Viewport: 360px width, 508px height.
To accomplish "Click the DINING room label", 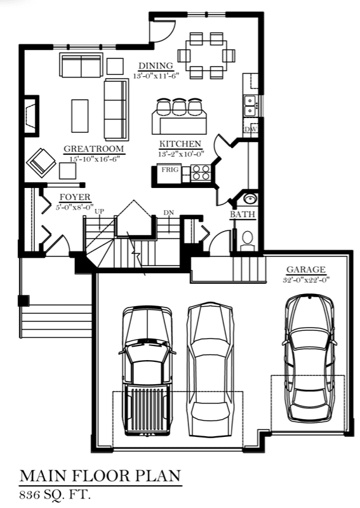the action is (x=156, y=66).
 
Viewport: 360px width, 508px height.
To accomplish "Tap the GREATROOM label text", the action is (x=93, y=149).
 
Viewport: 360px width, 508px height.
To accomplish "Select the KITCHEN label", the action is (x=180, y=144).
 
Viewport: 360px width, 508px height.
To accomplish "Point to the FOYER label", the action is (x=75, y=197).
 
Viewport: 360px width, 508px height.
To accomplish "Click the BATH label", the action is (x=243, y=215).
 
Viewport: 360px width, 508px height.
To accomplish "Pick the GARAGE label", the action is (x=306, y=269).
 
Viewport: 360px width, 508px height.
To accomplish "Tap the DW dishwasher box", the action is (x=251, y=130).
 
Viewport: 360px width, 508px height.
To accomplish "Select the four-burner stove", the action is (x=200, y=172).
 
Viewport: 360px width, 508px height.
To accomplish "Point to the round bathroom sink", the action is (x=250, y=198).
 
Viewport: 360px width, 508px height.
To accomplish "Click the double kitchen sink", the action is (x=250, y=106).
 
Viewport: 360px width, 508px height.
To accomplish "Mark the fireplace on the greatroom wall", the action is (x=32, y=116).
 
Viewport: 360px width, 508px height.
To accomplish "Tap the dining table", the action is (x=206, y=55).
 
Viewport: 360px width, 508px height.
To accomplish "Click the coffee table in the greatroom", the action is (x=80, y=116).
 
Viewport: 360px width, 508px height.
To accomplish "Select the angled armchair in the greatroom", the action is (x=41, y=162).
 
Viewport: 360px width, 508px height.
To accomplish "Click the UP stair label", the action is (x=99, y=211).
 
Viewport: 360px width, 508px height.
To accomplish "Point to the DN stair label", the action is (x=168, y=213).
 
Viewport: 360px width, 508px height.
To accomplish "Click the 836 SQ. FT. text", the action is (x=55, y=495).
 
